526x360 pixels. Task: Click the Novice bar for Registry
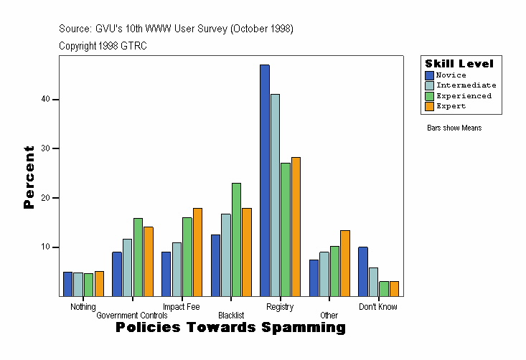(x=265, y=180)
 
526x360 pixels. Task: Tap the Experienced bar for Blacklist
(x=236, y=240)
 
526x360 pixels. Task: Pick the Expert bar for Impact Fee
(x=197, y=252)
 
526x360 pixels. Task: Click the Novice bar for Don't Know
(x=363, y=271)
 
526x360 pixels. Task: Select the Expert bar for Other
(x=345, y=263)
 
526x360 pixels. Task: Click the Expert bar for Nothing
(x=99, y=283)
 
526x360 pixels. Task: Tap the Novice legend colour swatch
(x=430, y=75)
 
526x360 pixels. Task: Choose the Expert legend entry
(x=451, y=106)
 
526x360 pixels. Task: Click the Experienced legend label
(x=464, y=95)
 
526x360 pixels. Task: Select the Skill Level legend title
(x=459, y=64)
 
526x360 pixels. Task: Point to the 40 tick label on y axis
(x=45, y=100)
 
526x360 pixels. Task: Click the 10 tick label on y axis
(x=45, y=247)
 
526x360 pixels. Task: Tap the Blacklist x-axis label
(x=231, y=316)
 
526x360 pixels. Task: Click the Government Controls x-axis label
(x=132, y=316)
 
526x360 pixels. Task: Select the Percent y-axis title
(x=29, y=177)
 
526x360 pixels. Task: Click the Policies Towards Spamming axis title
(x=230, y=328)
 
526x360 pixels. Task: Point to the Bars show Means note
(x=454, y=128)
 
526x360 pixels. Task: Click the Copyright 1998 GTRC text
(x=103, y=45)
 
